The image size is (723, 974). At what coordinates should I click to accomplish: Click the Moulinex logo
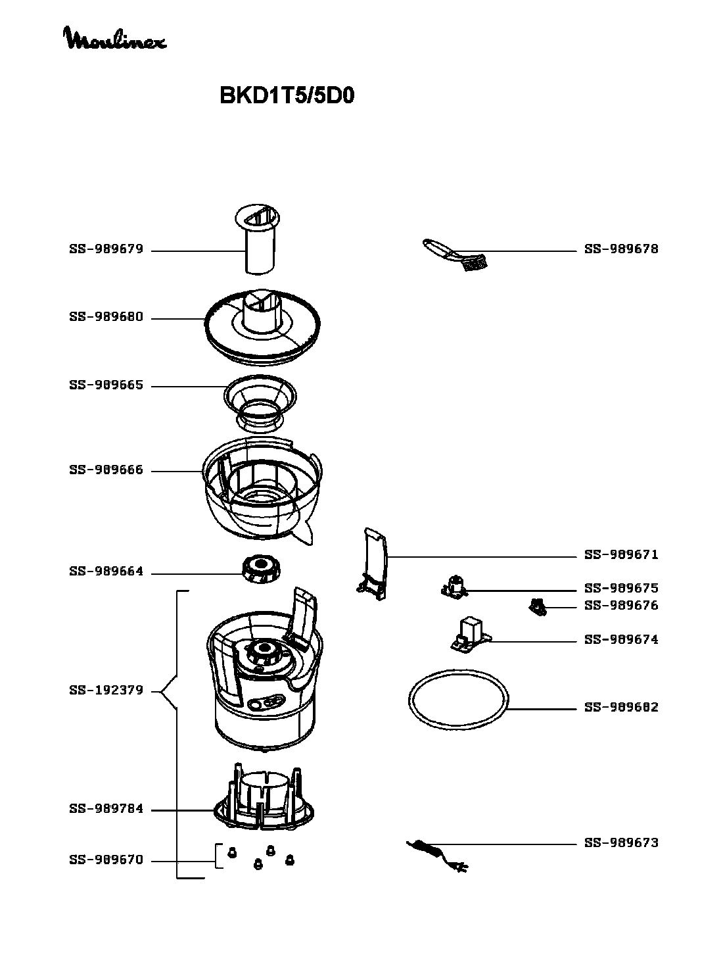[114, 39]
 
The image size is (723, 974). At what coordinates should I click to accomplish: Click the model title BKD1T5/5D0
[287, 96]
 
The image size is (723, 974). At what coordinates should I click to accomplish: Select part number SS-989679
[106, 250]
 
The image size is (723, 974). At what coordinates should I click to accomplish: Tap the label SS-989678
[621, 249]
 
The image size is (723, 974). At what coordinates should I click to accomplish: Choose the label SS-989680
[106, 318]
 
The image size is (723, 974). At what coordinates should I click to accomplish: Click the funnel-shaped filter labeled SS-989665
[260, 401]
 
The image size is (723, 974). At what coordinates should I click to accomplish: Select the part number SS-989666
[106, 470]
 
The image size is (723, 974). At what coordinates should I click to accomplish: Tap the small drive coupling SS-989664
[261, 569]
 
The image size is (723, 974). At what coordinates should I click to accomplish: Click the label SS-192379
[106, 691]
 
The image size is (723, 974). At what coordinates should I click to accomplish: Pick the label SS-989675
[621, 588]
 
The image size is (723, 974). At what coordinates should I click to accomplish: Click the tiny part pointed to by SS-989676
[538, 607]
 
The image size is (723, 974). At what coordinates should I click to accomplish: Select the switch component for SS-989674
[471, 635]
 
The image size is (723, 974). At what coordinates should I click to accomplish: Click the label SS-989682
[621, 708]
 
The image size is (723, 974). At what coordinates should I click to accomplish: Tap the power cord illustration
[436, 854]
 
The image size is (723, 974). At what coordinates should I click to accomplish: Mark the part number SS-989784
[106, 809]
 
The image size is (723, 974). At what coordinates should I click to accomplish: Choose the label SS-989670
[106, 860]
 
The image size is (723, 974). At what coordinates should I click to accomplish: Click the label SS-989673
[621, 843]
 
